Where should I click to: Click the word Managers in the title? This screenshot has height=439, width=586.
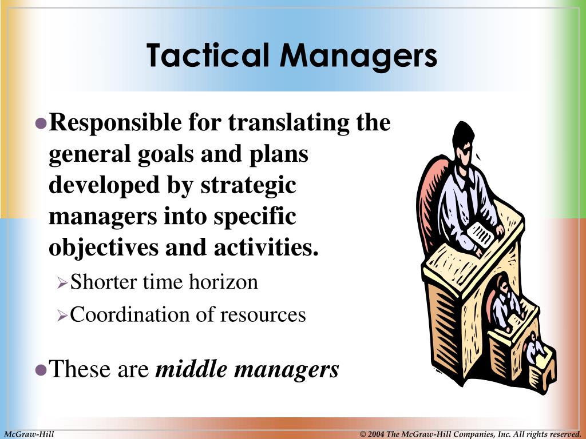(359, 55)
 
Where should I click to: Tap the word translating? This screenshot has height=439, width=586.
(286, 123)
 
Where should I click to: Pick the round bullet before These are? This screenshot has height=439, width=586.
(41, 370)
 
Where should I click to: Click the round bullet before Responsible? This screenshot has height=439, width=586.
(41, 123)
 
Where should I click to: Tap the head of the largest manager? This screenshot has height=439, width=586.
(464, 140)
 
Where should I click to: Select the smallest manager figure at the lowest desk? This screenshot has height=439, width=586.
(534, 349)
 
